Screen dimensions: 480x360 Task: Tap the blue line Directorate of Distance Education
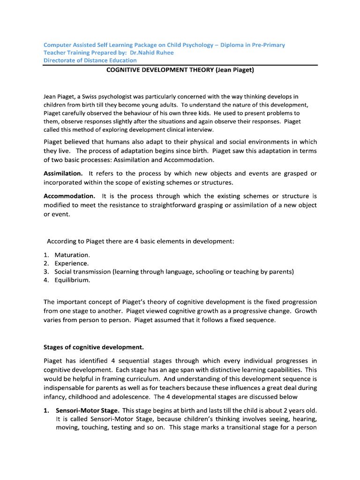click(x=90, y=60)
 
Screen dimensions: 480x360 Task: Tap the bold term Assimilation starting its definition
click(x=63, y=173)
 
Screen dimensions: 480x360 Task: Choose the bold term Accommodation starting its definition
click(x=70, y=195)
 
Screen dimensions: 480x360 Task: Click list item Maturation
click(x=72, y=255)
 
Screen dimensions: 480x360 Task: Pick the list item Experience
click(x=72, y=263)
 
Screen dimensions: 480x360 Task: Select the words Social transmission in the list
click(x=82, y=272)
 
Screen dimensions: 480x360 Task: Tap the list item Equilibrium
click(x=72, y=280)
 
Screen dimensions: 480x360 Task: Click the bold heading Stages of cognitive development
click(x=94, y=347)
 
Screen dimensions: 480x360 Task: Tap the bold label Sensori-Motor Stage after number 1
click(x=88, y=410)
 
